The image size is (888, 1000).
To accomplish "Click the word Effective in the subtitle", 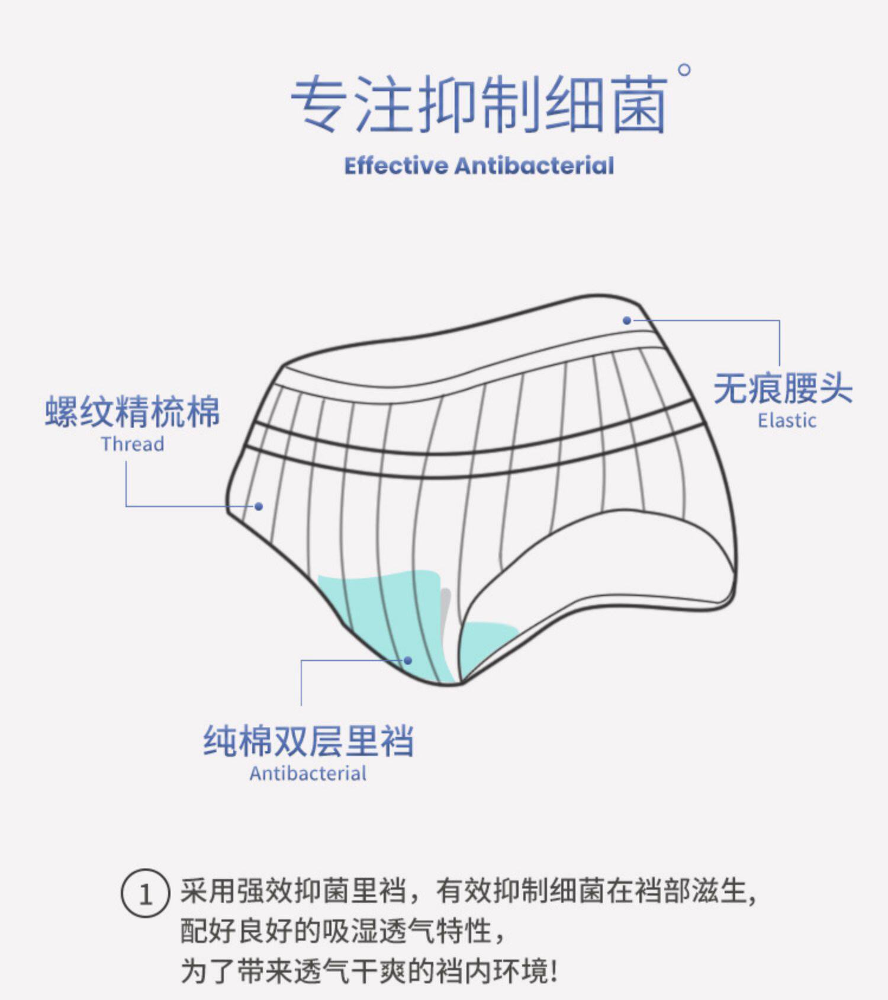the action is [x=395, y=166].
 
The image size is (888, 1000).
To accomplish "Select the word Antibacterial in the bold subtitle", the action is [x=534, y=166].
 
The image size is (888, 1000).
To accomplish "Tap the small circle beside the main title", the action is [x=684, y=70].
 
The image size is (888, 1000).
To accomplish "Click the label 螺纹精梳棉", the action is [x=133, y=412].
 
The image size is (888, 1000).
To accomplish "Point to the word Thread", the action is [x=133, y=444].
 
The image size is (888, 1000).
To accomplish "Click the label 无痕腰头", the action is [x=783, y=389].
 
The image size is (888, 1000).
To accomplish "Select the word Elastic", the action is [x=787, y=421].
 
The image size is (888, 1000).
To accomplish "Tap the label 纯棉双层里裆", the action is [x=308, y=741].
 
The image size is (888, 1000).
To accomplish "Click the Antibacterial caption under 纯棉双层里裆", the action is [x=308, y=774].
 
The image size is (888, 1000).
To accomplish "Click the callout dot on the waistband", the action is [x=627, y=320].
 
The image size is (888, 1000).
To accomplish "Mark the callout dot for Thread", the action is [x=259, y=507].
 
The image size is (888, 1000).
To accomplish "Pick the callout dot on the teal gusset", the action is [x=407, y=660].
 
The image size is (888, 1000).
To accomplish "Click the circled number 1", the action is [x=145, y=893].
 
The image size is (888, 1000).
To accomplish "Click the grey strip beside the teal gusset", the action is [x=446, y=610].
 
